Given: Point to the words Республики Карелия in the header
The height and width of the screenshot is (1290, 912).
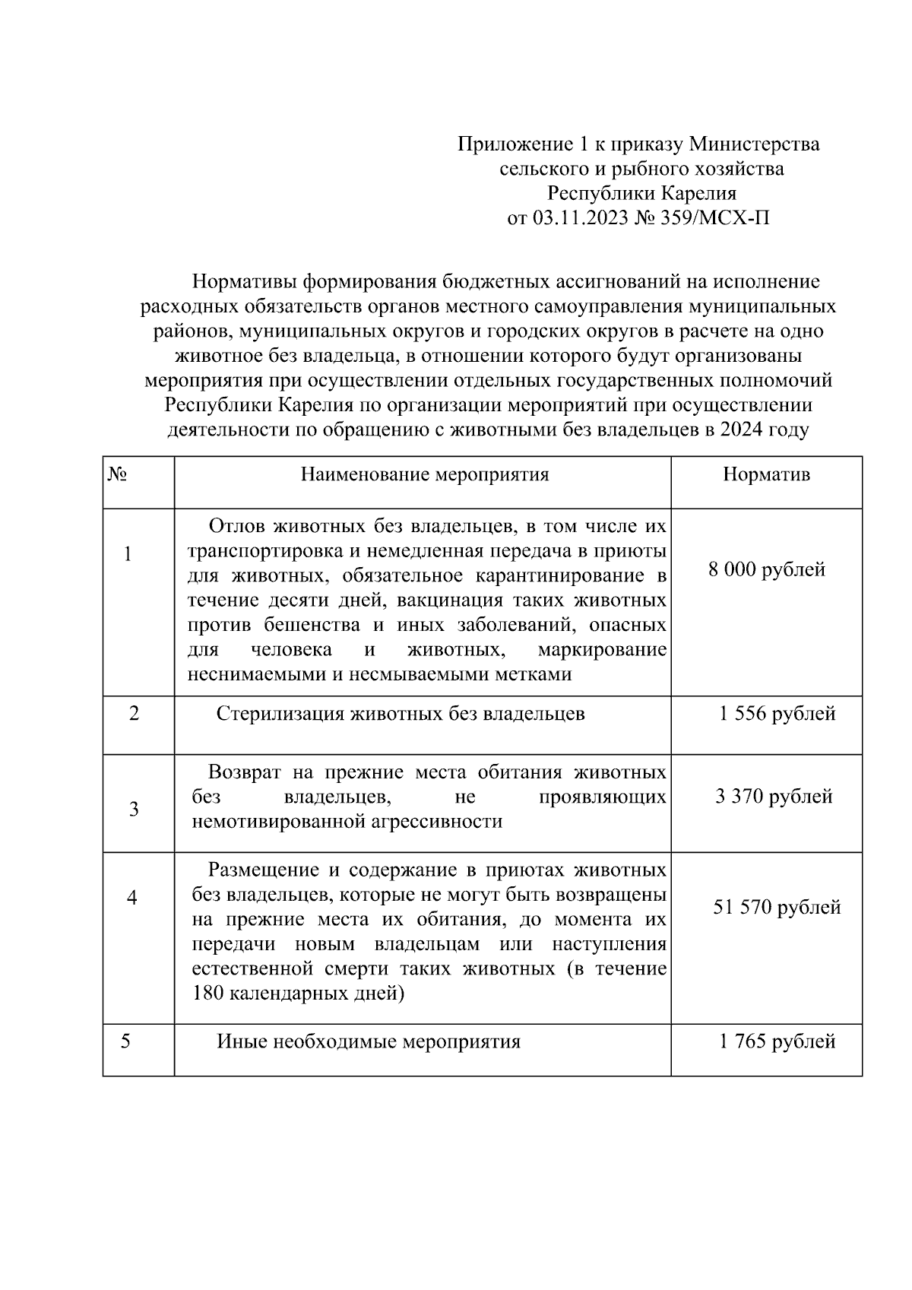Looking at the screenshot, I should tap(642, 194).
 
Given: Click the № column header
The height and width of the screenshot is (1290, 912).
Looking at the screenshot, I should tap(117, 475).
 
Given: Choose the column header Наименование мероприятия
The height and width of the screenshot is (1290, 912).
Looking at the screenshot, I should tap(425, 475).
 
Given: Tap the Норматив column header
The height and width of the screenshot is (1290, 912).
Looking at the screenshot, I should tap(766, 475).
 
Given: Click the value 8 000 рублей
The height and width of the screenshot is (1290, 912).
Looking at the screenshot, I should tap(767, 569).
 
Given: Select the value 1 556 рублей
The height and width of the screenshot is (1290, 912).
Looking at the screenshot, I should tap(777, 714).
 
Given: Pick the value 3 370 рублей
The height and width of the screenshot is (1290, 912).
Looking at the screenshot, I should tap(774, 796).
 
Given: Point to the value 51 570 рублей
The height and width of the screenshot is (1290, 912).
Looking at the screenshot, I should tap(777, 907).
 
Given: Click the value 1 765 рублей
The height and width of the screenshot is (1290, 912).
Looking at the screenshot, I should tap(777, 1041).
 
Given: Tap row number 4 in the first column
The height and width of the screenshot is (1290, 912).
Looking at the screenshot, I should tap(131, 899).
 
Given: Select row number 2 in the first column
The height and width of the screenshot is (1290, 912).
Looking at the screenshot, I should tap(135, 714).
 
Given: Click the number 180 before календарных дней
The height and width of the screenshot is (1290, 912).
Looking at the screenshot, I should tap(207, 994).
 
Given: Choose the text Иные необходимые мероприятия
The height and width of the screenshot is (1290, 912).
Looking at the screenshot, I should tap(369, 1041).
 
